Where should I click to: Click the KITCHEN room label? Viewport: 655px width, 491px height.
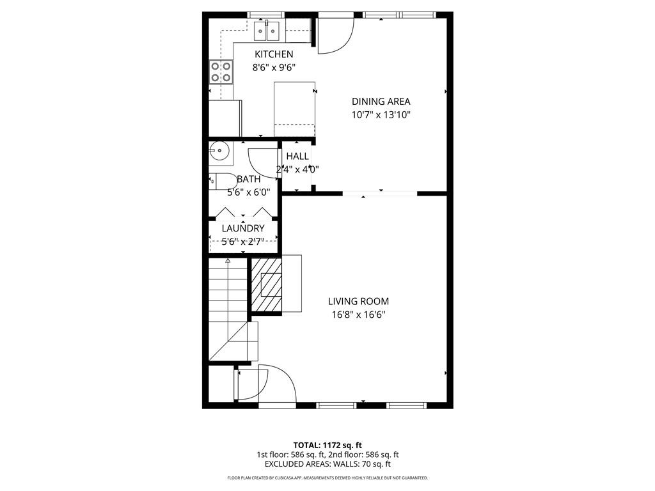[x=274, y=54]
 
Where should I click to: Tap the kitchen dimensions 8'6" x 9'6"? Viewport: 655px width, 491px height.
[x=274, y=67]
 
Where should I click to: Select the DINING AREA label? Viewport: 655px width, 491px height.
[x=381, y=101]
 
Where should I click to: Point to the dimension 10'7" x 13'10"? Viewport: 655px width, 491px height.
[x=381, y=115]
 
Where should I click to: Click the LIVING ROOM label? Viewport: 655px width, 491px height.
[x=358, y=301]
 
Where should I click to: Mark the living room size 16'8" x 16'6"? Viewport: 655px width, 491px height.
[x=358, y=315]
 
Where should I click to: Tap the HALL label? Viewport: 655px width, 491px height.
[x=297, y=156]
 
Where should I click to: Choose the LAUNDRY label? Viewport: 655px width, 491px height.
[x=243, y=228]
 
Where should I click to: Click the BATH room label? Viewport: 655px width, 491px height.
[x=248, y=179]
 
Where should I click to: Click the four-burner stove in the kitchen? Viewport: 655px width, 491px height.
[x=221, y=72]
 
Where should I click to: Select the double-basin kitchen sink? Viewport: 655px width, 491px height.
[x=267, y=30]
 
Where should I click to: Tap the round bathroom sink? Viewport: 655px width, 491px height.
[x=219, y=152]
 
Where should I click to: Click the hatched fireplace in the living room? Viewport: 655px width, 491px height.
[x=265, y=284]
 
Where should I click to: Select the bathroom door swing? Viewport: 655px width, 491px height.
[x=262, y=163]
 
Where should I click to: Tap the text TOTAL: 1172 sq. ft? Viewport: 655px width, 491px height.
[x=327, y=445]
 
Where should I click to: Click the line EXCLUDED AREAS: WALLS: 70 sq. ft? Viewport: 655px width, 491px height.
[x=327, y=464]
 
